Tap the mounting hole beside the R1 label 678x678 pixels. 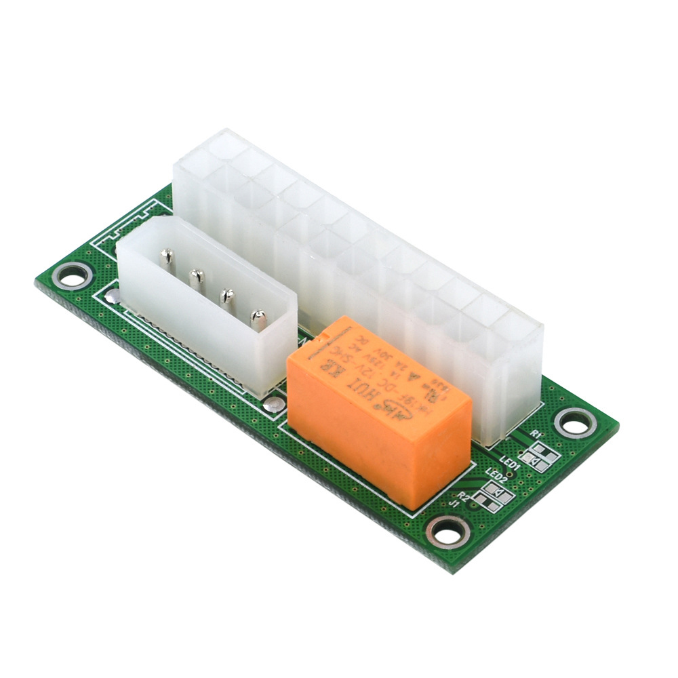click(575, 424)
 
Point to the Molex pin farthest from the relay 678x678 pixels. click(167, 258)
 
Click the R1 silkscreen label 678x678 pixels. click(536, 433)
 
